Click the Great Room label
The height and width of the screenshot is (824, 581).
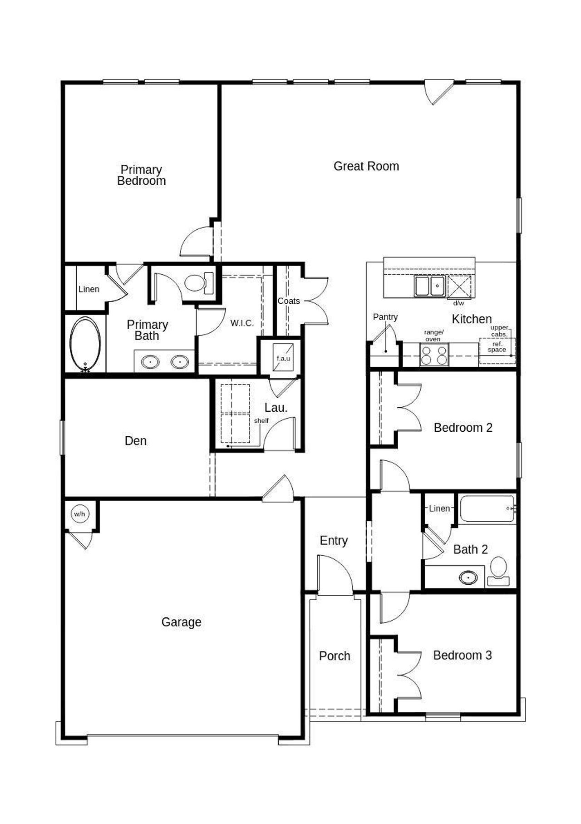click(x=366, y=166)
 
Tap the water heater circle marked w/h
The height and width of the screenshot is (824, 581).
click(x=79, y=514)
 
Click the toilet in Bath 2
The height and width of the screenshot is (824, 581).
click(x=498, y=567)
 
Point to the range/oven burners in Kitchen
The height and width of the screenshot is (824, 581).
click(x=434, y=355)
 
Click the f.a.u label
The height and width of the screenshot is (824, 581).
click(x=283, y=358)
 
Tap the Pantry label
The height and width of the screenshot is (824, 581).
click(x=385, y=317)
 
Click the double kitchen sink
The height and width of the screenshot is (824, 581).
click(x=429, y=286)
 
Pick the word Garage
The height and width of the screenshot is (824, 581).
click(x=181, y=622)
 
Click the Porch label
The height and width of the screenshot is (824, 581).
click(x=335, y=656)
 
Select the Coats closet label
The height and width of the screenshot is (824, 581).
click(x=289, y=301)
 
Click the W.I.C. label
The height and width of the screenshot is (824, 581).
click(x=242, y=323)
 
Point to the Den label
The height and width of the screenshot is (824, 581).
click(x=135, y=441)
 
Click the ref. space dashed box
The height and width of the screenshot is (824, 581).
click(x=497, y=350)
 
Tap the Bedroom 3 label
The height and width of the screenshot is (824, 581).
click(x=462, y=655)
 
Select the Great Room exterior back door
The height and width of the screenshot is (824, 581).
click(x=438, y=92)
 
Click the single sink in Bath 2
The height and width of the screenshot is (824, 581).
click(x=468, y=577)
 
